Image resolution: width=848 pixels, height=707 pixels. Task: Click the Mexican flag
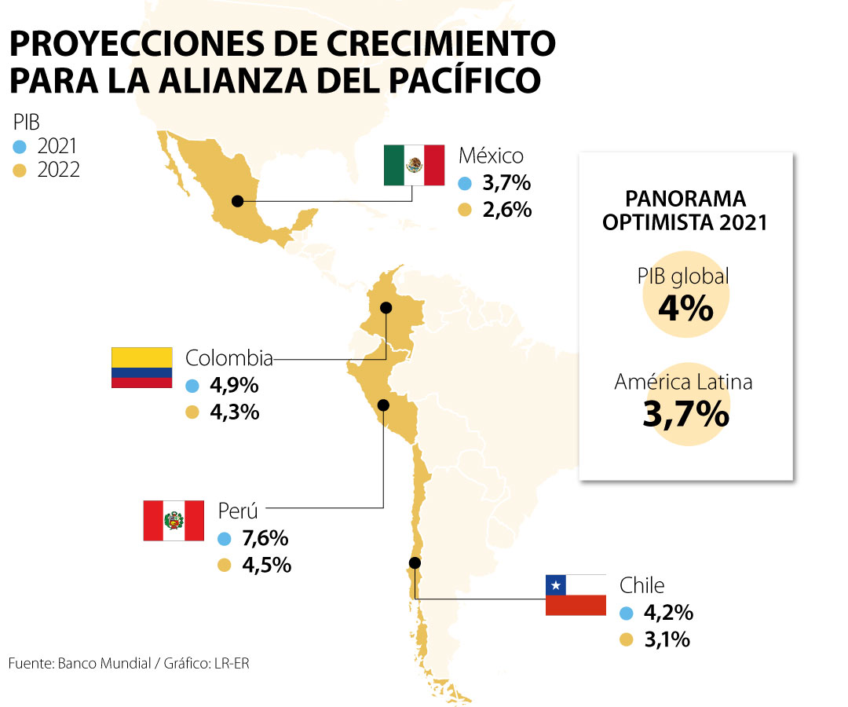[414, 165]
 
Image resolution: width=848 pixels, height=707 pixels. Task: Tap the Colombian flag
[141, 367]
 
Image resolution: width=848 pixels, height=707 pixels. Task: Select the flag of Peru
[174, 520]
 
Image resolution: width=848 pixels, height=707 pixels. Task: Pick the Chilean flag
[576, 595]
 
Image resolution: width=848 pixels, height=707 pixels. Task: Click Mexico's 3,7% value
[506, 184]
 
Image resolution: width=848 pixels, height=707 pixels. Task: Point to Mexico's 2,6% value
[506, 210]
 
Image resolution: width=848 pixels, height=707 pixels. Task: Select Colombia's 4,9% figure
[234, 386]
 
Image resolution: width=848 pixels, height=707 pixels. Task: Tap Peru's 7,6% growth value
[265, 539]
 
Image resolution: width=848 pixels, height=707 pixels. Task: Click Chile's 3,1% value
[667, 639]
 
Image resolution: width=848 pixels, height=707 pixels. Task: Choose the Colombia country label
[229, 359]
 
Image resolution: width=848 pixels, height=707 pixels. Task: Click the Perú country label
[238, 511]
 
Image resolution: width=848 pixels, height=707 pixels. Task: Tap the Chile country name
[641, 585]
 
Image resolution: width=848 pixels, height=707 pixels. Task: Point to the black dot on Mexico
[237, 201]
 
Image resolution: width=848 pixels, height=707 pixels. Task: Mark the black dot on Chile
[415, 562]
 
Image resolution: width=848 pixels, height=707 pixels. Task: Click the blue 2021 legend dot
[20, 146]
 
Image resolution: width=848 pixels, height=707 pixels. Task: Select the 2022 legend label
[58, 170]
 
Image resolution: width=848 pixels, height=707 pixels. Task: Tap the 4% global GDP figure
[685, 308]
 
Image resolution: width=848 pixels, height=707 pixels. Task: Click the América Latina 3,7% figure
[685, 414]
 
